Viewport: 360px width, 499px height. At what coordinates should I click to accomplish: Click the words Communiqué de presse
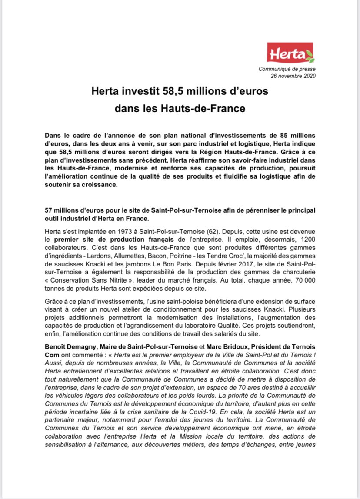287,69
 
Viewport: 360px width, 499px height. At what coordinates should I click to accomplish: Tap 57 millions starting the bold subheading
63,210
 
